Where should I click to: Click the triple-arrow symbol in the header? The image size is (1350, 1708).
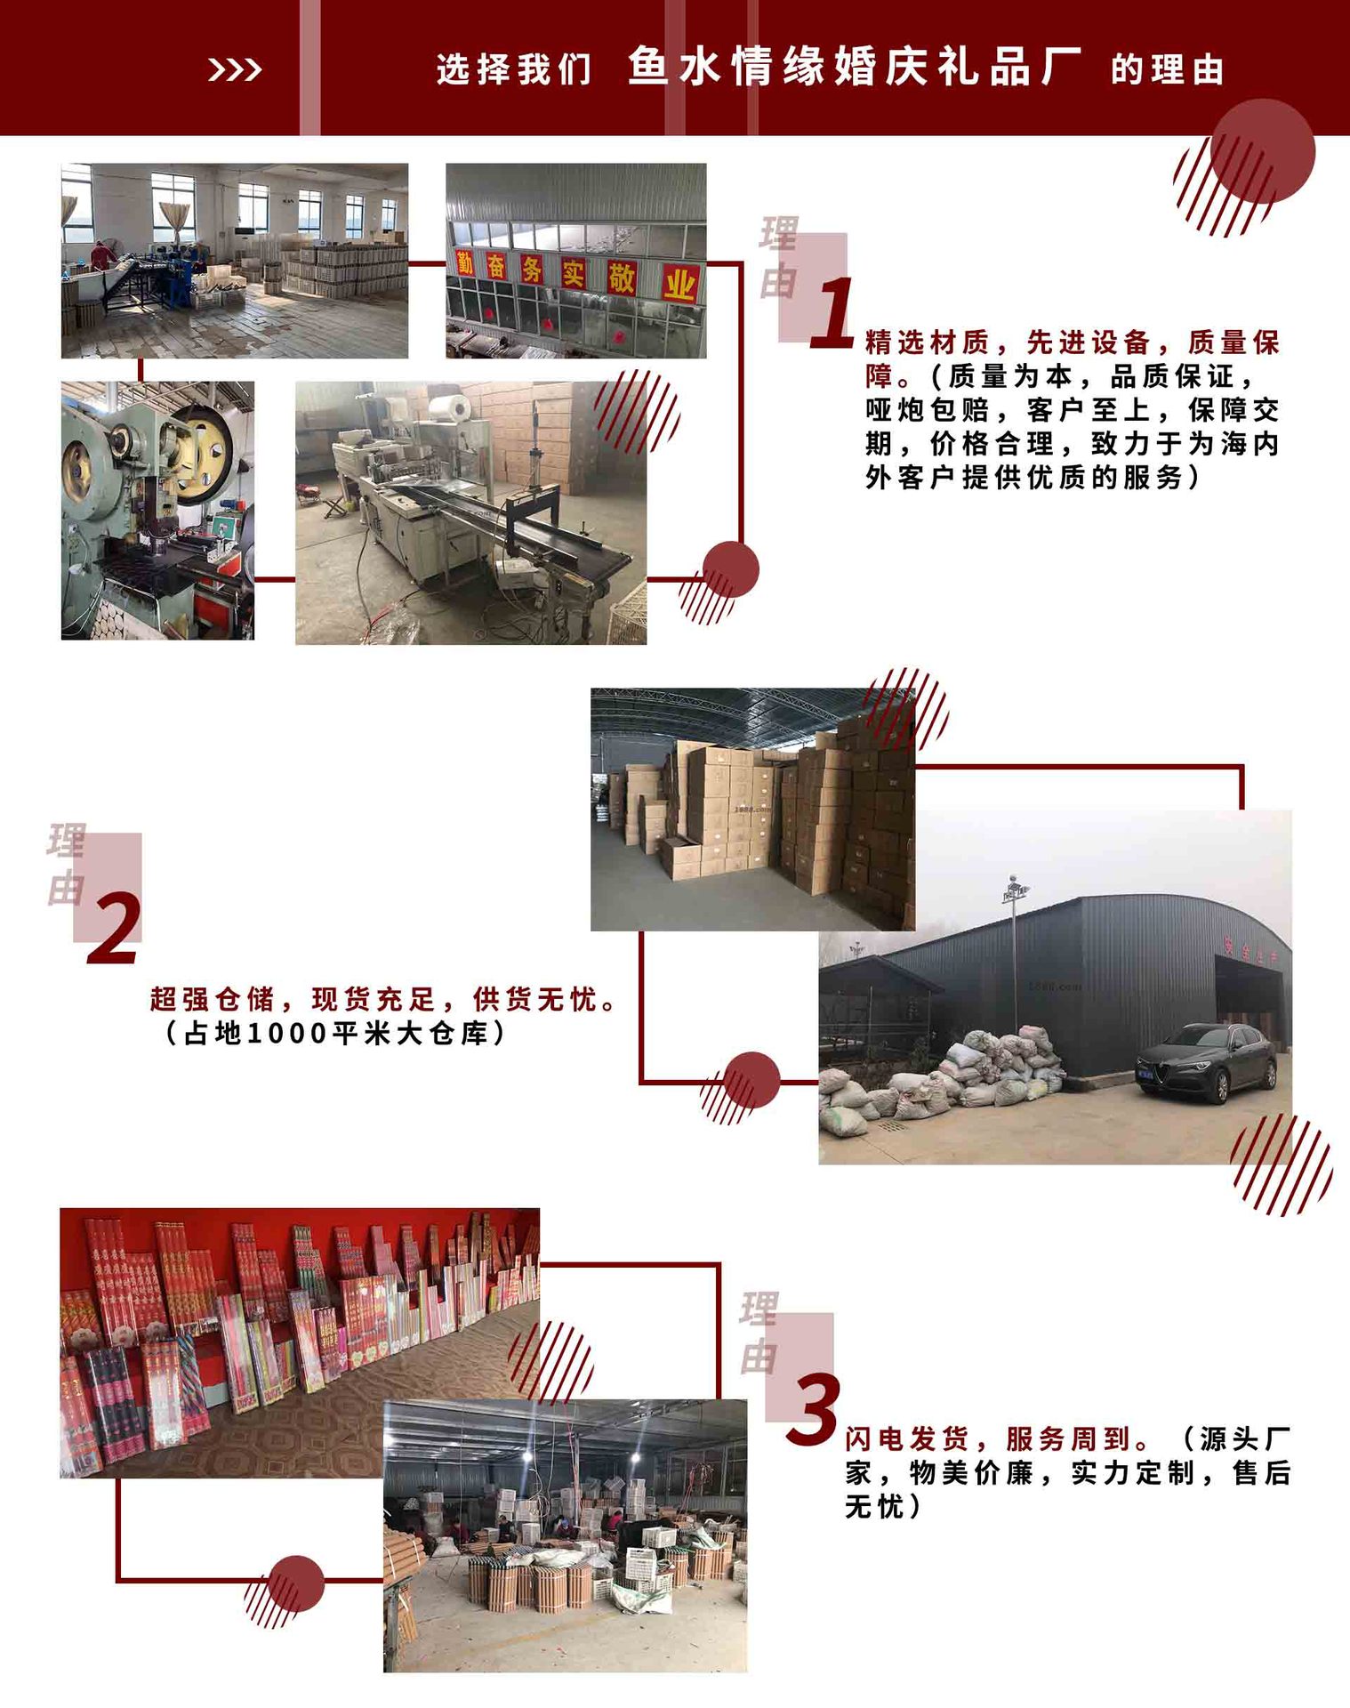[235, 69]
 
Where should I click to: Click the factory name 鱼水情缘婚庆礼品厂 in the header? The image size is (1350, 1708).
[854, 68]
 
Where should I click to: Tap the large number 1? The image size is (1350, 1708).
[832, 312]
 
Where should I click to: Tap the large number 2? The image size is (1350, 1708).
[115, 929]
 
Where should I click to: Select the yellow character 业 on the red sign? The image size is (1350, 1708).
[679, 285]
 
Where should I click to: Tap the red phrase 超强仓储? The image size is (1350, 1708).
[212, 1000]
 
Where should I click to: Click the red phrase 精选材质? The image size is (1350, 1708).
[927, 342]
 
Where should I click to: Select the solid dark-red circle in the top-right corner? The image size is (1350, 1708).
[1262, 151]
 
